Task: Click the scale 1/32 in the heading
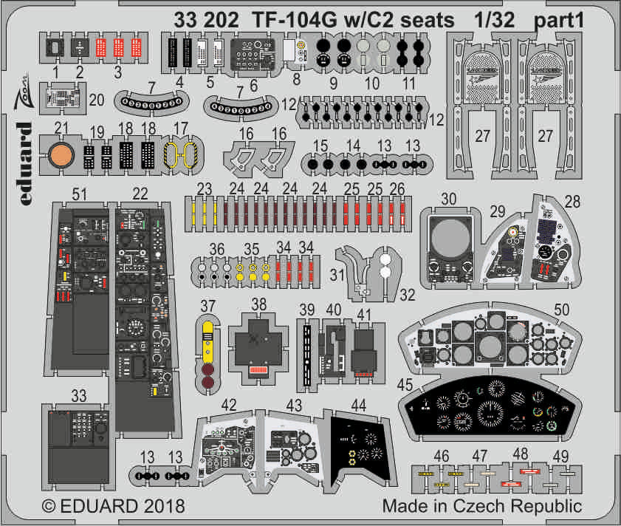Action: pos(494,21)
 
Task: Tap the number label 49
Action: pos(563,455)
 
